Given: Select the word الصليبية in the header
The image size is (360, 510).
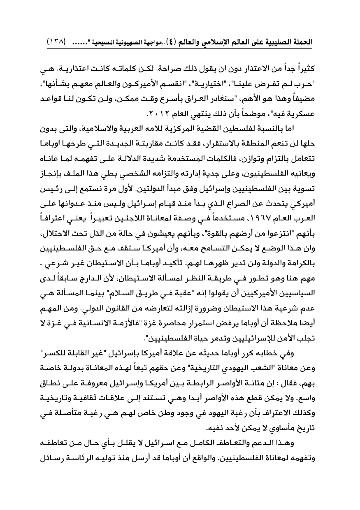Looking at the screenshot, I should (280, 42).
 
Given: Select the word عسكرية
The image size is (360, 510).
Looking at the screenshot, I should (302, 113).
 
